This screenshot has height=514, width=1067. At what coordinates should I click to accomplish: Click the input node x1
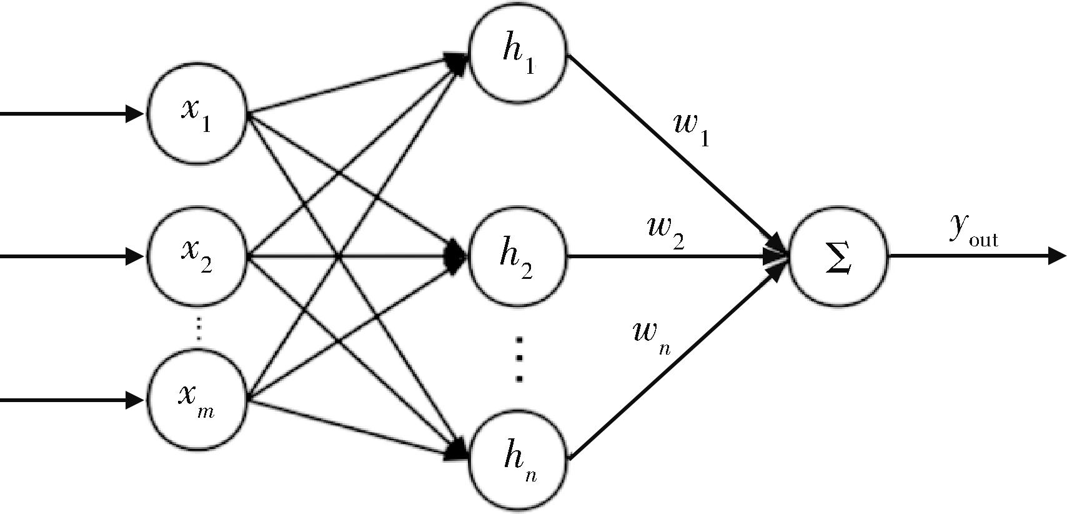point(197,114)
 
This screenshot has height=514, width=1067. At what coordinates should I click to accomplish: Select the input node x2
point(197,256)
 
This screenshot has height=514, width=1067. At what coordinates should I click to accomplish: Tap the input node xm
point(197,400)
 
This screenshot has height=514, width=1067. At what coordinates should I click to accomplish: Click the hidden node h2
point(517,256)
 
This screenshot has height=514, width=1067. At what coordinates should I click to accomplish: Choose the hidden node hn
point(517,461)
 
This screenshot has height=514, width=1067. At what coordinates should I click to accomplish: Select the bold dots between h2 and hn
point(519,359)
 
